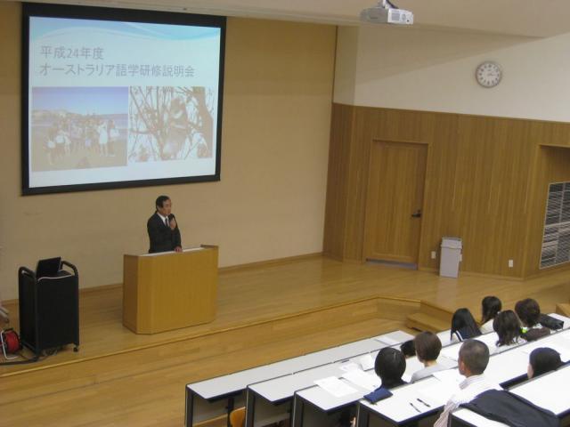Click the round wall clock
pyautogui.click(x=489, y=75)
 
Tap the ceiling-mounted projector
pyautogui.click(x=387, y=14)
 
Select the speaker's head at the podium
pyautogui.click(x=162, y=205)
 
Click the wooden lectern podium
pyautogui.click(x=170, y=288)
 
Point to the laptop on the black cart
pyautogui.click(x=49, y=267)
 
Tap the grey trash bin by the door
pyautogui.click(x=451, y=257)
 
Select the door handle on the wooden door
pyautogui.click(x=417, y=214)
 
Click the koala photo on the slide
pyautogui.click(x=172, y=124)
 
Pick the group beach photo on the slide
pyautogui.click(x=79, y=129)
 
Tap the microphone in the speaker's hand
pyautogui.click(x=170, y=219)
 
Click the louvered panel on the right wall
pyautogui.click(x=556, y=225)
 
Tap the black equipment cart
pyautogui.click(x=49, y=309)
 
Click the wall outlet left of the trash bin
pyautogui.click(x=433, y=254)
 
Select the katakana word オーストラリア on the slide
pyautogui.click(x=77, y=70)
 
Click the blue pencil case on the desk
pyautogui.click(x=378, y=395)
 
